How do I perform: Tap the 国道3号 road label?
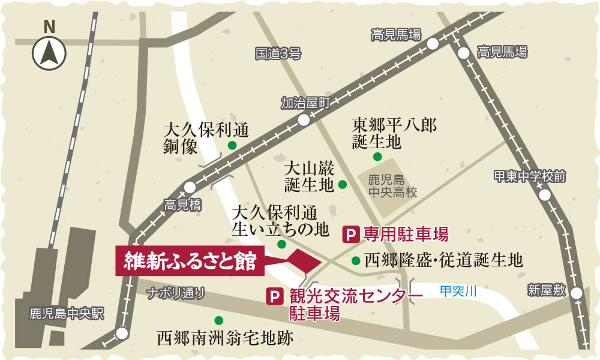[278, 55]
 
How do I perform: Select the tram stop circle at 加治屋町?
[304, 119]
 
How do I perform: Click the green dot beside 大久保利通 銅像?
[232, 145]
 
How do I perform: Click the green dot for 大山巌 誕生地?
[343, 184]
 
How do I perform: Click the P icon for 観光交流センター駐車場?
[275, 296]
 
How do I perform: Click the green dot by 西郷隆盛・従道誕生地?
[356, 261]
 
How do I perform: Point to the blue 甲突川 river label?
[458, 291]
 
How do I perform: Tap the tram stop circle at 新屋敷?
[577, 293]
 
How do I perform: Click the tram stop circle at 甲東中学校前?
[545, 196]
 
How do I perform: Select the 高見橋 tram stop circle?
[190, 187]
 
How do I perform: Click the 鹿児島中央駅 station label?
[67, 313]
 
